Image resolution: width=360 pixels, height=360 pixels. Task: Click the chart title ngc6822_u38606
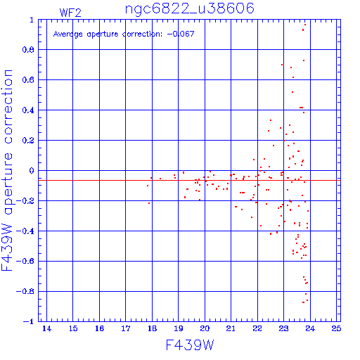tap(190, 9)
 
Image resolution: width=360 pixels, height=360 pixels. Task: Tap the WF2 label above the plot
tap(70, 13)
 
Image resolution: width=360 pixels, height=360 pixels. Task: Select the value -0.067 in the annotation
tap(181, 34)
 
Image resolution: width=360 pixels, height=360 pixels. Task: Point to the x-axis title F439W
tap(190, 345)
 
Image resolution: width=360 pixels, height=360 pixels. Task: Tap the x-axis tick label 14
tap(46, 328)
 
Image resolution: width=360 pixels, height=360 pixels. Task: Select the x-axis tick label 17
tap(126, 328)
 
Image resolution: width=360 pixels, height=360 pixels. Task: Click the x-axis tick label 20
tap(205, 328)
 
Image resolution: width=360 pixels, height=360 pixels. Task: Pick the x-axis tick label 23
tap(283, 328)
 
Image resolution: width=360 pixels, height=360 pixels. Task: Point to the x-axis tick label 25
tap(336, 328)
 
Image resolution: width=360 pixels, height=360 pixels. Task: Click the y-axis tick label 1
tap(32, 20)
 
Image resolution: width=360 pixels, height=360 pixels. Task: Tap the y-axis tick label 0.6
tap(28, 80)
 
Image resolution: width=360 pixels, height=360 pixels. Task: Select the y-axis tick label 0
tap(32, 171)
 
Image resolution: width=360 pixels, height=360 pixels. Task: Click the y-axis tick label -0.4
tap(25, 231)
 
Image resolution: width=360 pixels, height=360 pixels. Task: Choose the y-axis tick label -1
tap(28, 321)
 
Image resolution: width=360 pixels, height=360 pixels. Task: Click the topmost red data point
tap(305, 25)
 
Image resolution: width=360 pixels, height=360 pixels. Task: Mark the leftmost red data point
tap(148, 186)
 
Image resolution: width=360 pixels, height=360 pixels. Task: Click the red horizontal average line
tap(189, 181)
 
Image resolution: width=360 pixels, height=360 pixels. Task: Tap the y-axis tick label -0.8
tap(25, 291)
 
